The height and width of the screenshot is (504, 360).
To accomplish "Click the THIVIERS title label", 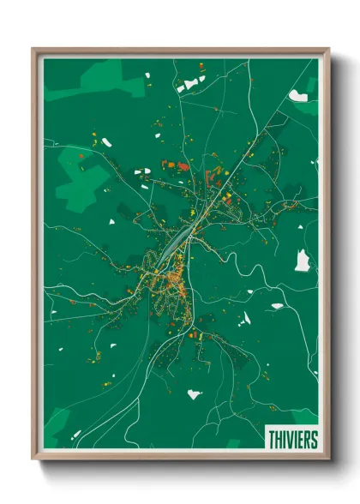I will click(x=292, y=440).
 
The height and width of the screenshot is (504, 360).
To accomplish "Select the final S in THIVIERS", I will click(x=313, y=440).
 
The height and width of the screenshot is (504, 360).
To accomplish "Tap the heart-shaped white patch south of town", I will click(x=195, y=394).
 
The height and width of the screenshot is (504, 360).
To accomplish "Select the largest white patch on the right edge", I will click(x=302, y=261).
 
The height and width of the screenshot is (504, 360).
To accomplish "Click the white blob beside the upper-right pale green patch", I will click(x=298, y=96).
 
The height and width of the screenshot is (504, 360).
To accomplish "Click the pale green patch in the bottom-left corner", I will click(x=58, y=424).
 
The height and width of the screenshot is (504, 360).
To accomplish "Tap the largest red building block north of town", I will click(x=181, y=165).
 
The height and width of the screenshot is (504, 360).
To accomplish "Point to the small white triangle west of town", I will click(x=111, y=223).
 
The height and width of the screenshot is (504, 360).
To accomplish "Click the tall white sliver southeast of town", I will click(x=245, y=319).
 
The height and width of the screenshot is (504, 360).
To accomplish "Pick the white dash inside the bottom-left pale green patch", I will click(x=75, y=434).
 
